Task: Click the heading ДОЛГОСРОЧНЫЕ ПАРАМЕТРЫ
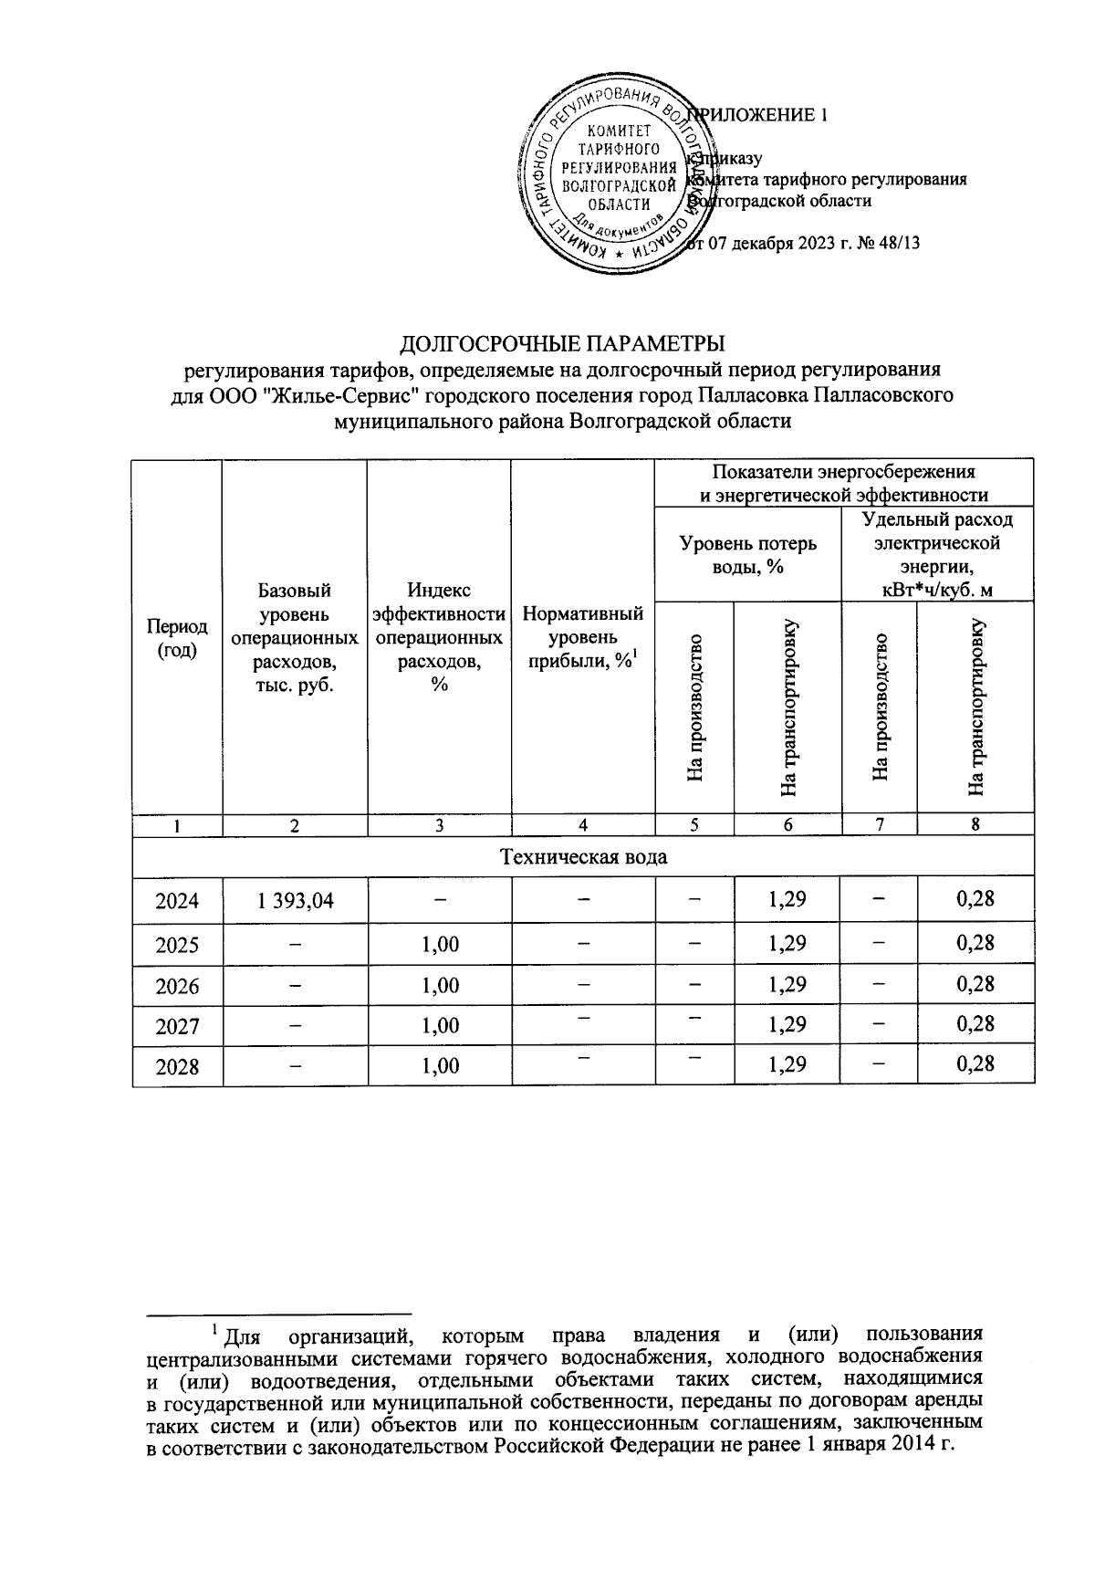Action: click(x=563, y=344)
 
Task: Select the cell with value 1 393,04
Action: click(x=295, y=901)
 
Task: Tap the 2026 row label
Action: click(x=177, y=986)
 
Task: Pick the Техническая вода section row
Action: click(x=583, y=857)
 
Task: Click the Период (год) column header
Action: click(x=177, y=638)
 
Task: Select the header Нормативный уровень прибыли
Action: click(x=582, y=638)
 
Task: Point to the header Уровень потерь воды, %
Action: click(x=748, y=554)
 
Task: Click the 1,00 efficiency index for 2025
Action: click(x=440, y=944)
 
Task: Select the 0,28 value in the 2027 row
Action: click(x=975, y=1024)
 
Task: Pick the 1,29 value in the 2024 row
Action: click(x=787, y=900)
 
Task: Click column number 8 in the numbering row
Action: click(x=975, y=825)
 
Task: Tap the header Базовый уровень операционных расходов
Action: click(x=295, y=638)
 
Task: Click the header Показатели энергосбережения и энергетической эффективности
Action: click(x=843, y=483)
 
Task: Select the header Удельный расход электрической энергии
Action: click(x=937, y=554)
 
